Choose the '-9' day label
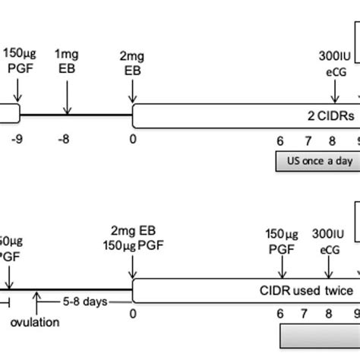click(19, 140)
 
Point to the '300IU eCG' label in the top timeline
click(331, 62)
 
